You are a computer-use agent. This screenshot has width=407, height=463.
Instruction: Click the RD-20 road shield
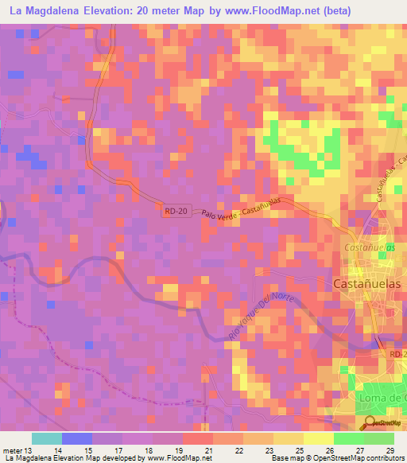[x=179, y=211]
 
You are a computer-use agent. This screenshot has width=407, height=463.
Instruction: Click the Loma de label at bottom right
[x=378, y=398]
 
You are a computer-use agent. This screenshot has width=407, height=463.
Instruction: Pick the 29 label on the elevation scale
[x=390, y=450]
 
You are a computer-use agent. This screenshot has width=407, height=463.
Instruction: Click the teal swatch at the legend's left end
[x=46, y=438]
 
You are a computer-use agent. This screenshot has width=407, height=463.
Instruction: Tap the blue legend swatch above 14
[x=76, y=438]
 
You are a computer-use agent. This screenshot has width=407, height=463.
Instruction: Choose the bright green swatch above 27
[x=349, y=438]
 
